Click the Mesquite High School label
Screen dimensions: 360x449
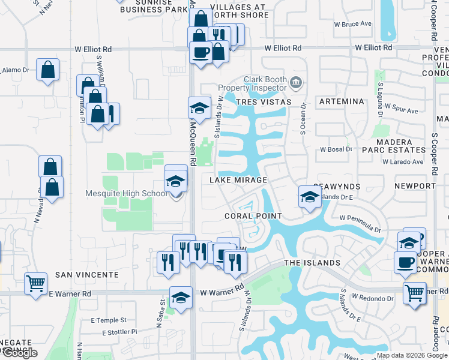point(126,193)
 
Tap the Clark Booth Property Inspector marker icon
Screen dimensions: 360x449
point(295,82)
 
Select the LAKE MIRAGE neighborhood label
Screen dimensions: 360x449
point(238,180)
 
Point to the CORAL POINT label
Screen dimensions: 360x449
point(253,216)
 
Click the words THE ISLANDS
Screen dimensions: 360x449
point(312,263)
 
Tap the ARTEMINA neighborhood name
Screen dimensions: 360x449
point(342,101)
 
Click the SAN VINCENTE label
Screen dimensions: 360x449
point(87,274)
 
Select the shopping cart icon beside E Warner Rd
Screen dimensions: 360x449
point(35,283)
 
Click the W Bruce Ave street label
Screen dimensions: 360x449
point(353,24)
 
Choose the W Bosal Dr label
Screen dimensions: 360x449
point(336,149)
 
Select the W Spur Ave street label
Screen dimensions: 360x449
point(402,111)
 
